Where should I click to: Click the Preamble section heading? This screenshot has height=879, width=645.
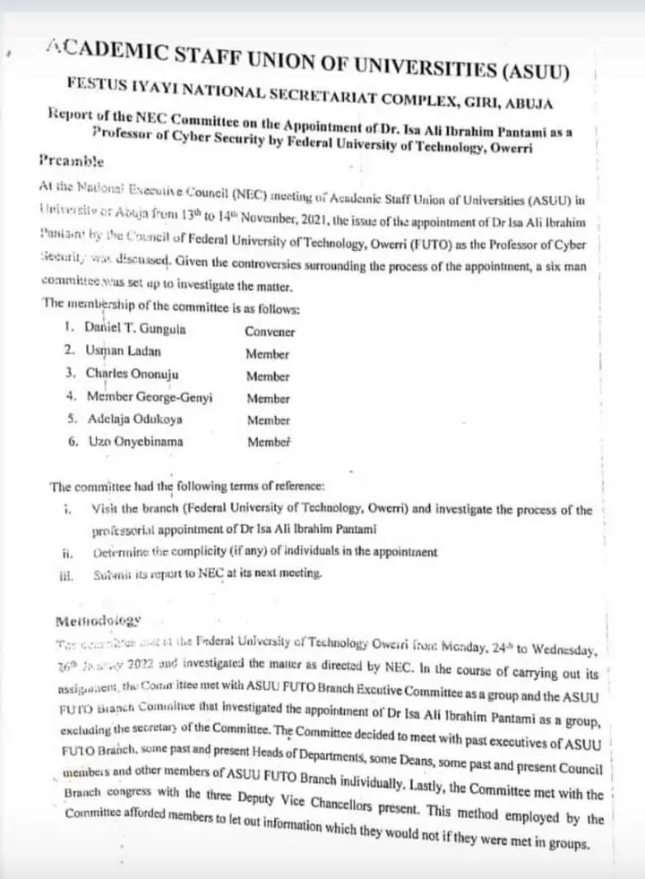point(72,162)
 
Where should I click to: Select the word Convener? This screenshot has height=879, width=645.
point(270,332)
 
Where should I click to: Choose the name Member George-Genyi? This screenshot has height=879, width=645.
point(150,397)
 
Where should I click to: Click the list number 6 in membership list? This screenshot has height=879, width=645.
point(72,441)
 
